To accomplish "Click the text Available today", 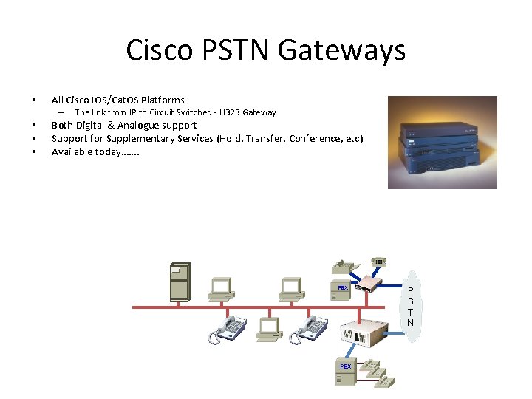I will pyautogui.click(x=95, y=151).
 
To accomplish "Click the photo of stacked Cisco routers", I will pyautogui.click(x=443, y=142).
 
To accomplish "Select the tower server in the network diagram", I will pyautogui.click(x=180, y=282).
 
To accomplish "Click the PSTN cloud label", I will pyautogui.click(x=410, y=307).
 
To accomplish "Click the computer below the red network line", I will pyautogui.click(x=269, y=330).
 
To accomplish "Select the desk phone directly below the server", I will pyautogui.click(x=228, y=329).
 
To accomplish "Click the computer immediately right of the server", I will pyautogui.click(x=220, y=290).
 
